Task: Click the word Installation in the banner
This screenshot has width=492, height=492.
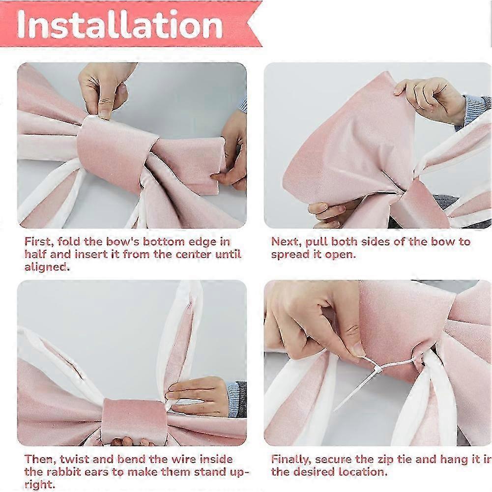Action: click(x=119, y=24)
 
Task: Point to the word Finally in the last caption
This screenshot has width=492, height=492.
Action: click(x=291, y=460)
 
